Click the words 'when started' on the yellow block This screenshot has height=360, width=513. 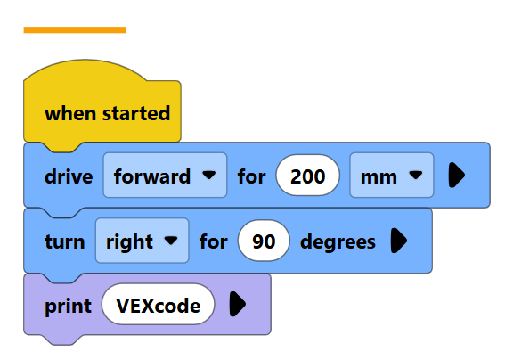click(x=107, y=113)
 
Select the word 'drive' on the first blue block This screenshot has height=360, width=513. click(x=69, y=176)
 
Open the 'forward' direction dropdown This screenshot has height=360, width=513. click(x=165, y=175)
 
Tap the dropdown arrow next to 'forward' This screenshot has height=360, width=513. click(x=209, y=175)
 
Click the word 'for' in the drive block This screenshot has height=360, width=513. click(x=251, y=176)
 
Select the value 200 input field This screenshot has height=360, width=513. click(x=307, y=175)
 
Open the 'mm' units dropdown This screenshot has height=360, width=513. click(x=392, y=175)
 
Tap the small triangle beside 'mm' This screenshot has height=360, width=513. click(x=416, y=175)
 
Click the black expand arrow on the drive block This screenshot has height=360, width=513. click(x=457, y=175)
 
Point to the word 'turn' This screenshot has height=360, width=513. click(x=65, y=241)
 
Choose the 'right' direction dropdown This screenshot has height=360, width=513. click(x=142, y=241)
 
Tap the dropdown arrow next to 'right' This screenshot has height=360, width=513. click(x=171, y=241)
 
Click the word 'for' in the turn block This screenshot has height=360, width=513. click(x=214, y=241)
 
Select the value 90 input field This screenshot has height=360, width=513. click(x=264, y=241)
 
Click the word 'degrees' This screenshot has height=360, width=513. click(x=338, y=242)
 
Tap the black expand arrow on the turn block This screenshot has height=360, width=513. click(x=399, y=241)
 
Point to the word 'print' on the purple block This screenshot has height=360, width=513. click(x=68, y=307)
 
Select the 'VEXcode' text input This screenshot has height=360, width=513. click(x=159, y=305)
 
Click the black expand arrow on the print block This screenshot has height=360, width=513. click(x=238, y=305)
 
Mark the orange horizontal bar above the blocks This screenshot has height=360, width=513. click(x=75, y=30)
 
